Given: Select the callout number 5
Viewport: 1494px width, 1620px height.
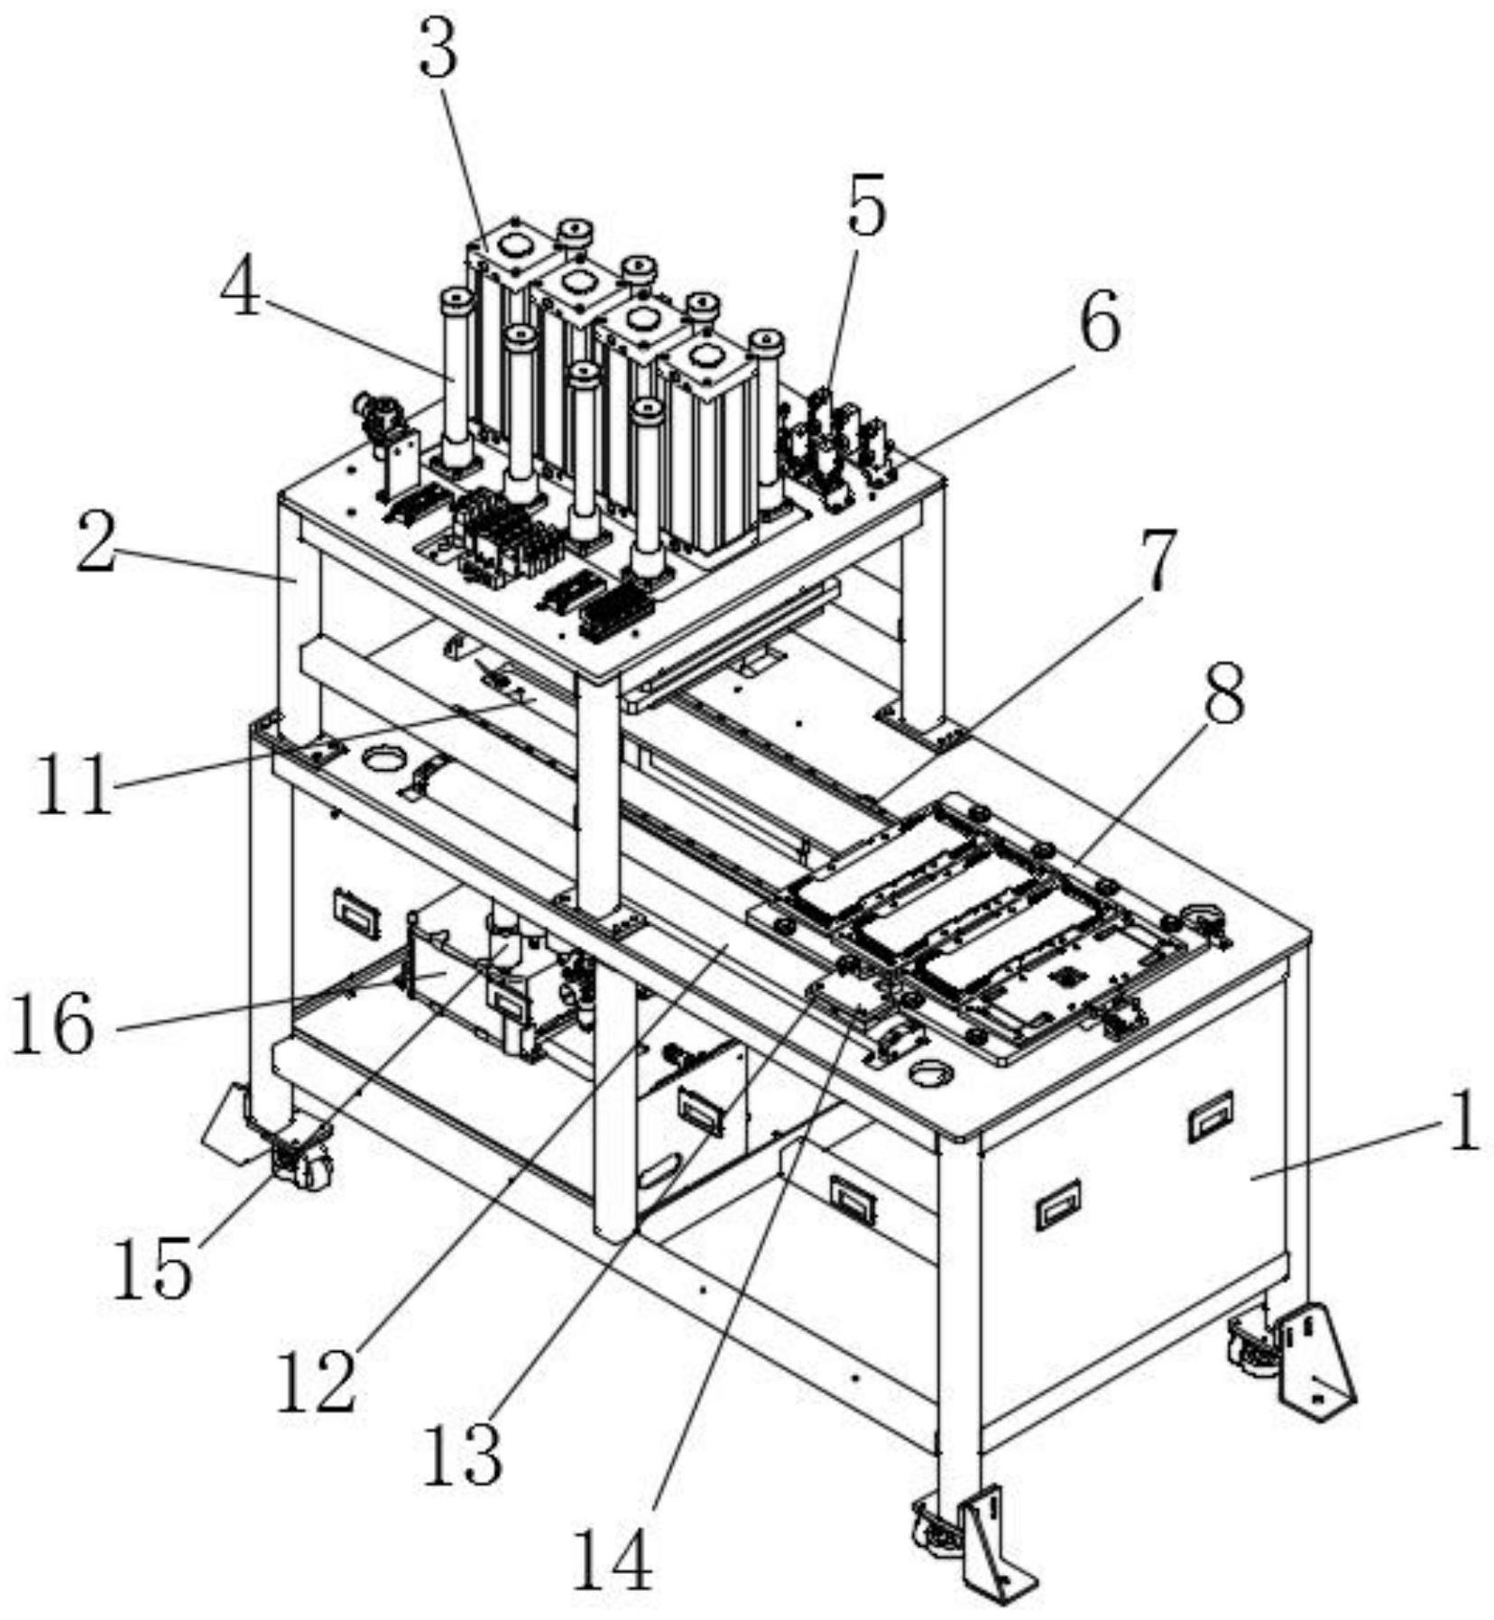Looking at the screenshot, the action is click(x=865, y=207).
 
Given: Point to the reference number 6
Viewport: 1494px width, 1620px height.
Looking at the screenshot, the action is click(x=1100, y=322).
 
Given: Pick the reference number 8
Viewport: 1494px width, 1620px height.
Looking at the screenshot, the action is click(x=1222, y=693).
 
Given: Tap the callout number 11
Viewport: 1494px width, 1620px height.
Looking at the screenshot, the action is click(x=75, y=784).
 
